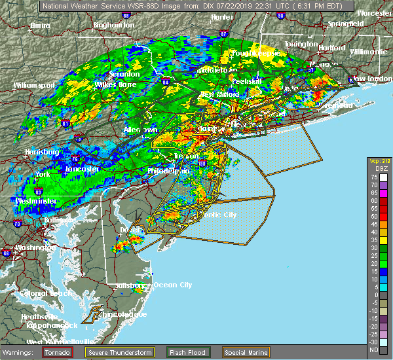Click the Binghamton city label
113,25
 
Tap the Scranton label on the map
124,74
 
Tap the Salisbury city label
129,285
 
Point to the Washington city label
34,248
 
